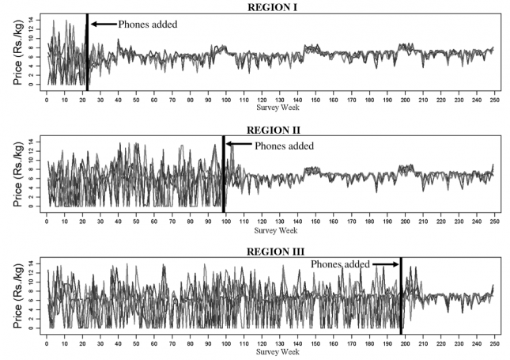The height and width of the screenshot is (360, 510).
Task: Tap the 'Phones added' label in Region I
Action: coord(148,24)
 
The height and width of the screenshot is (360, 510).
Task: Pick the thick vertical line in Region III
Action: coord(401,297)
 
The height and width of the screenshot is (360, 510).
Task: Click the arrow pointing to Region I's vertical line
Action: coord(102,24)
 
